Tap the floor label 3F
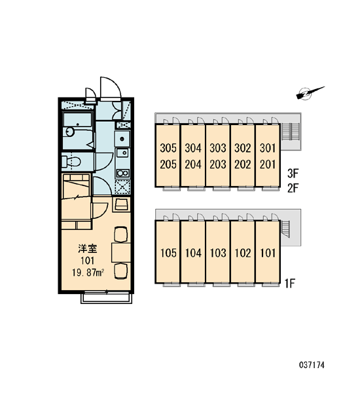[293, 173]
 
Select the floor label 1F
[290, 284]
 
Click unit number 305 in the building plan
[168, 148]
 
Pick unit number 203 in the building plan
[218, 164]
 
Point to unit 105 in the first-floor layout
[168, 253]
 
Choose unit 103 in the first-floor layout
[218, 253]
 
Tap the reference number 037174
[312, 365]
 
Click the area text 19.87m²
[88, 272]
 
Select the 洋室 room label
[88, 249]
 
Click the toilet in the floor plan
[71, 161]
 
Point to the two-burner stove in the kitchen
[122, 173]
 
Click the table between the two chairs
[121, 252]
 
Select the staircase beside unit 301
[290, 132]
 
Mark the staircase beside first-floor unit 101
[285, 229]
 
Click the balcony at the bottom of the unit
[107, 299]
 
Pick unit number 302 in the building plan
[242, 148]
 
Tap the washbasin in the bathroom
[69, 132]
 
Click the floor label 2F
[293, 188]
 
